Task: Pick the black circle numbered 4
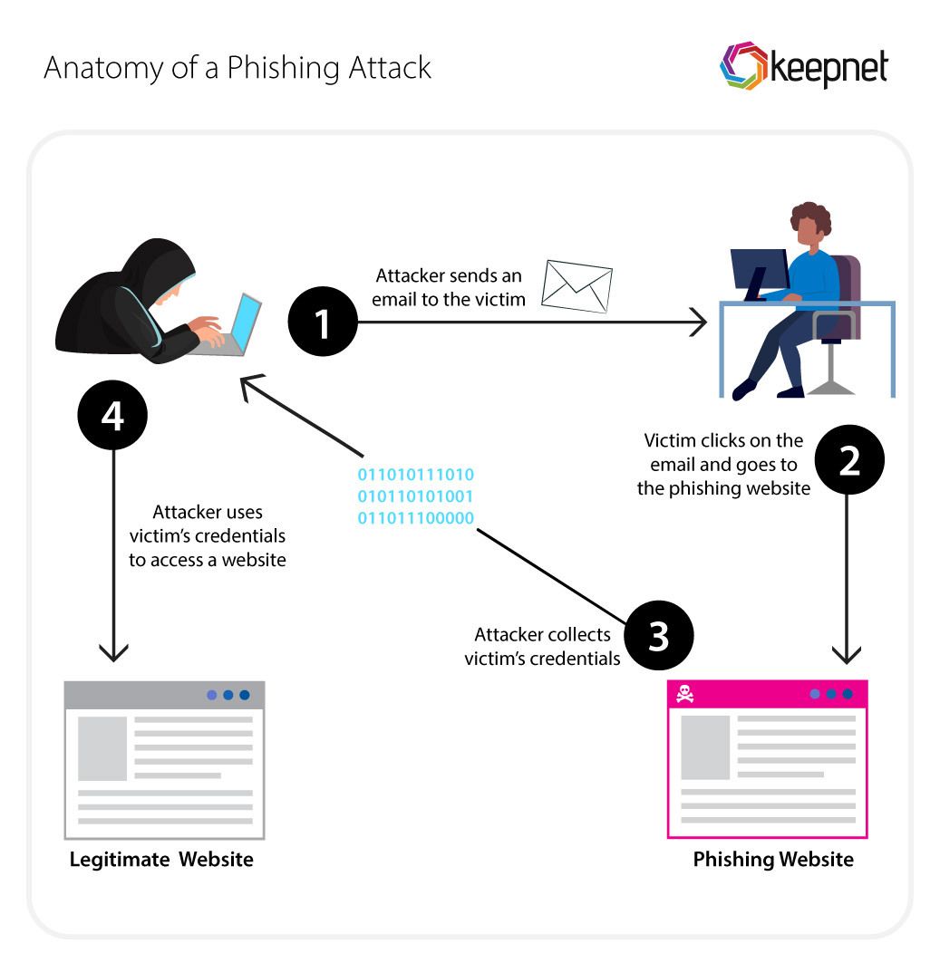tap(113, 416)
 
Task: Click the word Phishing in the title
tap(282, 68)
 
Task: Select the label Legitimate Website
tap(161, 859)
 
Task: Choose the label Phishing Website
tap(772, 859)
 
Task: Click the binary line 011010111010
tap(415, 475)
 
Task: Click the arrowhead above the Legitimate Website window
tap(113, 653)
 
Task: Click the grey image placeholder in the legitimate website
tap(102, 748)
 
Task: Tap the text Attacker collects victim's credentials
tap(542, 647)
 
